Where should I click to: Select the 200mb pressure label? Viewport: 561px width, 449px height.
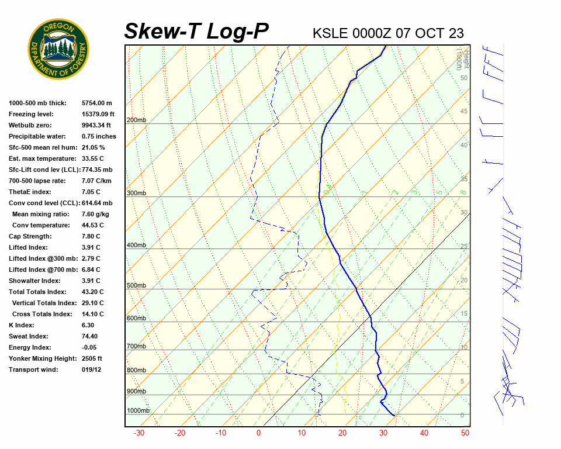point(136,120)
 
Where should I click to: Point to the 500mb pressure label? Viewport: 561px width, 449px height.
point(136,286)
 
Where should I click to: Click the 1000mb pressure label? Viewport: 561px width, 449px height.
point(138,411)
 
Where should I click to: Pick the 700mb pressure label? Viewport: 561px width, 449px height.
point(136,347)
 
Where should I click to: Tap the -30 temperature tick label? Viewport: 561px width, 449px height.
point(139,433)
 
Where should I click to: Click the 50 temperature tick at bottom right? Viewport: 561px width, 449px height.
point(465,433)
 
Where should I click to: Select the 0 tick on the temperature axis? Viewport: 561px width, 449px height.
point(258,433)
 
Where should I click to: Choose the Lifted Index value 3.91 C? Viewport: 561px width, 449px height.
point(91,247)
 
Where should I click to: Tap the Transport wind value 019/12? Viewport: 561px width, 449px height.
point(92,369)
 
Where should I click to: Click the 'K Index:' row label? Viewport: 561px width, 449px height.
point(22,325)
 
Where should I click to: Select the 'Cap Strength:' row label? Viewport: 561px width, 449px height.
point(30,236)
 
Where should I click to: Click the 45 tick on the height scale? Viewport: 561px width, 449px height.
point(464,112)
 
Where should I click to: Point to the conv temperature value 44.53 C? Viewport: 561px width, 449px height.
point(92,225)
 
